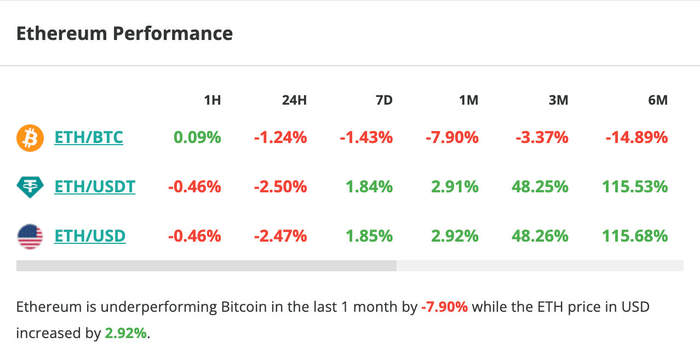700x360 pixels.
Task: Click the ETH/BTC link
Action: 89,137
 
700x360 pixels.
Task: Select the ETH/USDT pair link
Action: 95,187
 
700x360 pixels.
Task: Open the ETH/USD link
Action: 90,236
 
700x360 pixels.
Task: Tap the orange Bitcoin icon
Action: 30,138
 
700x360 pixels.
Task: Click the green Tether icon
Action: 30,187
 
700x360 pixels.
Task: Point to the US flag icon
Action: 30,237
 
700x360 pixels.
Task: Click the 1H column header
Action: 212,100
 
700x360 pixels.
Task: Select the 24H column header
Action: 294,100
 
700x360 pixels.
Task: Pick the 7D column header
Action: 384,100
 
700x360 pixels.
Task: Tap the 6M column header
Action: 657,100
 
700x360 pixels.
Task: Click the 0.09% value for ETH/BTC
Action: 197,137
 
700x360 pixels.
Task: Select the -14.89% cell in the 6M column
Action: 636,137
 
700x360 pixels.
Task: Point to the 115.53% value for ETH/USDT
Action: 635,187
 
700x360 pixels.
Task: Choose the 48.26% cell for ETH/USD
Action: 540,236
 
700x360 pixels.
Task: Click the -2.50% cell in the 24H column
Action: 280,187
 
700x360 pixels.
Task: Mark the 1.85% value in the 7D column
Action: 369,236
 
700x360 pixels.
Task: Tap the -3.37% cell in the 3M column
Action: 542,137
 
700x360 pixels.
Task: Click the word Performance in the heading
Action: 173,33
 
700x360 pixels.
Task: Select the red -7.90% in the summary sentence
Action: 444,307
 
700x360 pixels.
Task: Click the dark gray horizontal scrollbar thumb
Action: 206,266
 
